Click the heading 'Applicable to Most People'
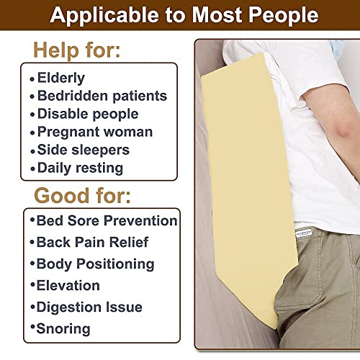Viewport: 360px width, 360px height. pyautogui.click(x=180, y=16)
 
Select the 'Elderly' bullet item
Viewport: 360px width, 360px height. pyautogui.click(x=61, y=78)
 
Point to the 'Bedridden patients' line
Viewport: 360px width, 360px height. pyautogui.click(x=102, y=96)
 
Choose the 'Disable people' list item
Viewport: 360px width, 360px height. pyautogui.click(x=87, y=114)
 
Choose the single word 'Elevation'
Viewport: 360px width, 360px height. pyautogui.click(x=68, y=285)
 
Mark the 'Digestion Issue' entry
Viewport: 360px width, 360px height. pyautogui.click(x=89, y=307)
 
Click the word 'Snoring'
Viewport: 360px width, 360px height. pyautogui.click(x=63, y=329)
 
